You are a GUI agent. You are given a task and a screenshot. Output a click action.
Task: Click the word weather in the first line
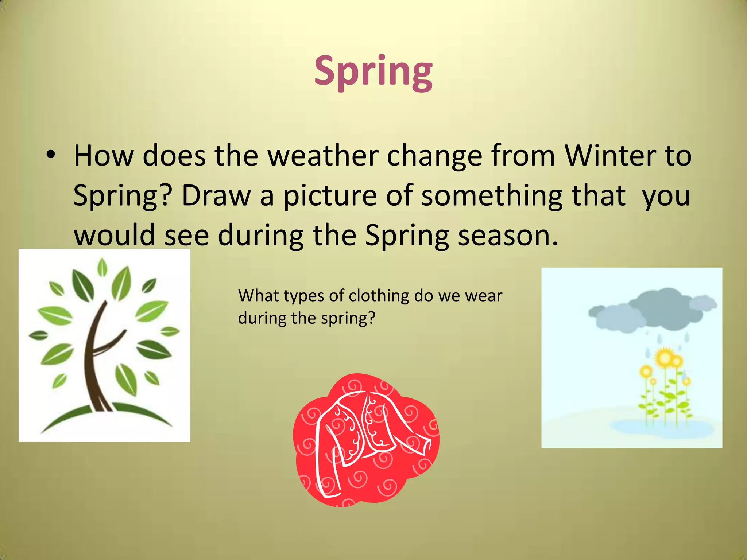coord(322,156)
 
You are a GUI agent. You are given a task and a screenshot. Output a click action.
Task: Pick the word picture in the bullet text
coord(330,196)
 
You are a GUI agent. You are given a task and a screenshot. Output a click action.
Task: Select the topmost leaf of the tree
coord(102,267)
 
